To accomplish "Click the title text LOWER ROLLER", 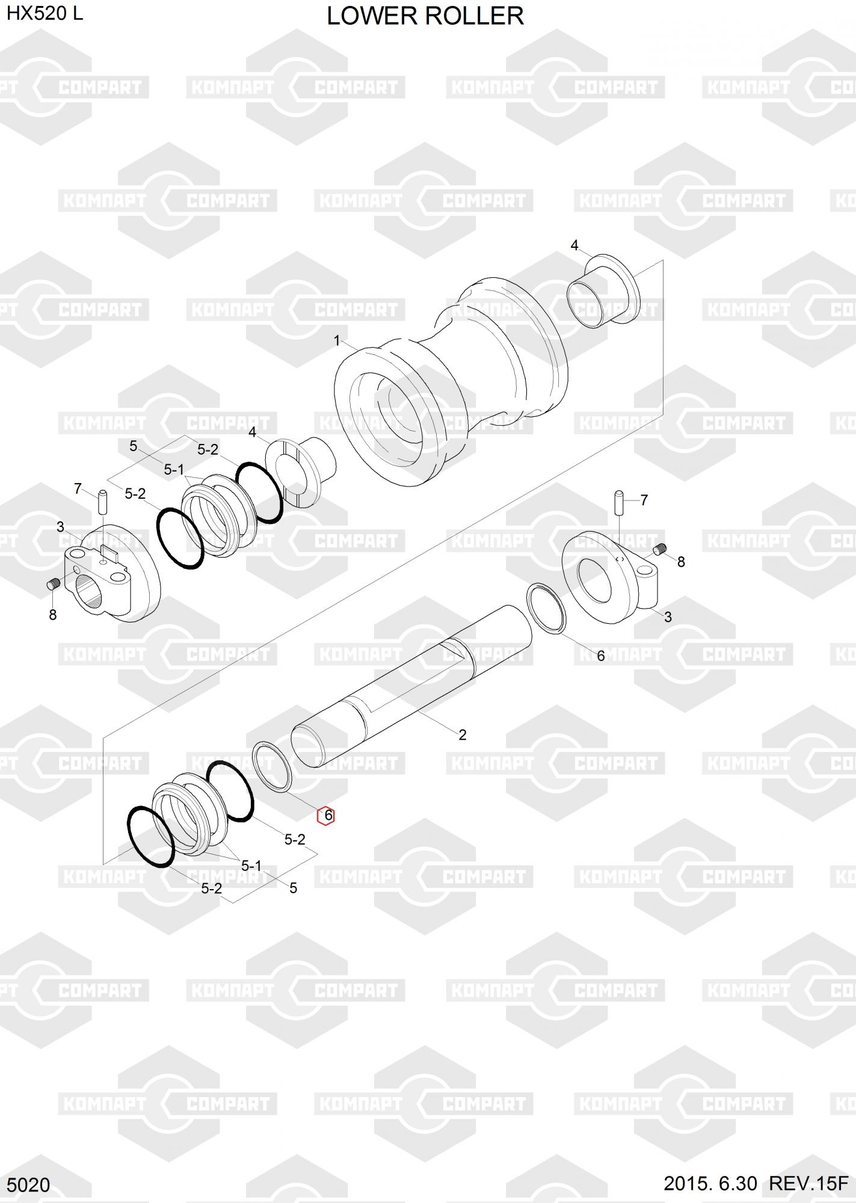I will click(x=425, y=16).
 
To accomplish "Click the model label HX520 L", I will click(x=45, y=14).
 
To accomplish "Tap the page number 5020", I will click(x=28, y=1184).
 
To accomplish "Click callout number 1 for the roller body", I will click(x=337, y=341).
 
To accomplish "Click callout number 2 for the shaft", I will click(x=462, y=734).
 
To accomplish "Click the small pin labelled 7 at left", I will click(x=102, y=501).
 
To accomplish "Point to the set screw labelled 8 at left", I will click(x=53, y=583).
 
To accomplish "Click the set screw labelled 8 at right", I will click(x=661, y=549).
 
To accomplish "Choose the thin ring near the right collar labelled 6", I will click(x=546, y=608).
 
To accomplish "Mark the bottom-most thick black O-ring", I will click(x=151, y=836).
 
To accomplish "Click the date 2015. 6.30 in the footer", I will click(x=710, y=1183).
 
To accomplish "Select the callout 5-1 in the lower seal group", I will click(x=251, y=866).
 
